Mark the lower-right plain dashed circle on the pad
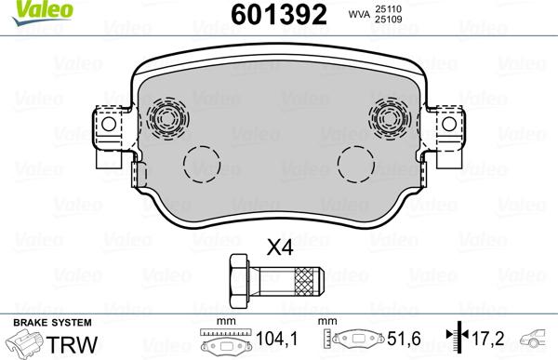355,166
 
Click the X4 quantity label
280,247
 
